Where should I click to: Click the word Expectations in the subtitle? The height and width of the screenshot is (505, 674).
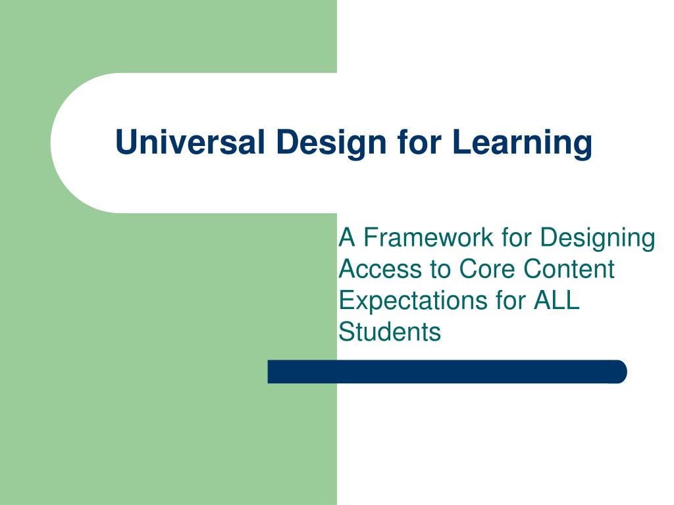[x=412, y=301]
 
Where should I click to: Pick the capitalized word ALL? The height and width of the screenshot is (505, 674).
[x=557, y=301]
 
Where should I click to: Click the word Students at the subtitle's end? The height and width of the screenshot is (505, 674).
[x=390, y=331]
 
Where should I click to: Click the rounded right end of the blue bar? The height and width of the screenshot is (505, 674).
[x=619, y=372]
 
